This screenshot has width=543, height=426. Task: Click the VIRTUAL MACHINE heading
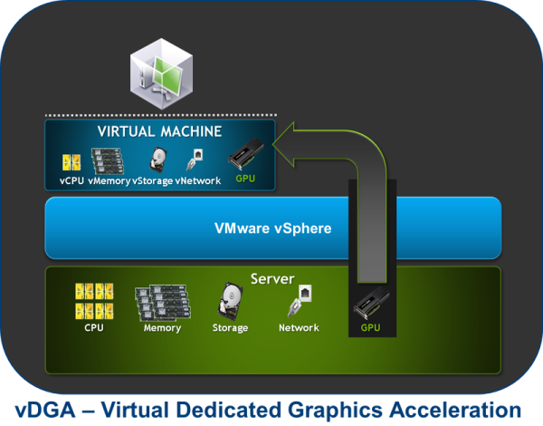point(158,131)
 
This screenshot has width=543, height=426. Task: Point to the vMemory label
point(109,181)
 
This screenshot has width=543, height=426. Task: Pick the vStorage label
point(153,181)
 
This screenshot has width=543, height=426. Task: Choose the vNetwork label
point(198,181)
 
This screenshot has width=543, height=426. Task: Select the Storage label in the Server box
point(229,327)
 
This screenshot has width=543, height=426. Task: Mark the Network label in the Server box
point(299,327)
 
